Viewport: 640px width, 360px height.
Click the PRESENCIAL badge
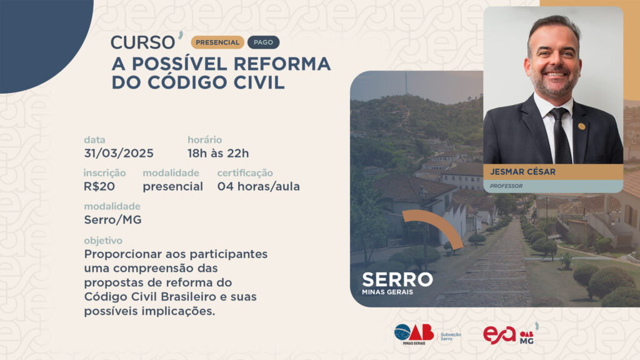217,42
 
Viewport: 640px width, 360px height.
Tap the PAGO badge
263,42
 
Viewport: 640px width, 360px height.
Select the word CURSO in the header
143,42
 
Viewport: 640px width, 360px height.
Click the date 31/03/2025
119,154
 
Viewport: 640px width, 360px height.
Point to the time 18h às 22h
218,154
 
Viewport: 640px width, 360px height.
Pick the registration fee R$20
99,186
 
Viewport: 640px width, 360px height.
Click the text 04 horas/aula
258,186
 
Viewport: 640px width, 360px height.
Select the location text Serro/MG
112,220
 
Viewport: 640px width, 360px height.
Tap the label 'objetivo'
103,241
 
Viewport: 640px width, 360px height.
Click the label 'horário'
204,140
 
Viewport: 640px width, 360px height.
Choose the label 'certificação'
245,173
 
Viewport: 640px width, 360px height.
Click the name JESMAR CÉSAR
523,172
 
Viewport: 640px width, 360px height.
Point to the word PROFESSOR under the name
506,186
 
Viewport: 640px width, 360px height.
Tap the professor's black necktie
561,137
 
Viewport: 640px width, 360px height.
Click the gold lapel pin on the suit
582,126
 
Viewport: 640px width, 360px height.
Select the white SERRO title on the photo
397,279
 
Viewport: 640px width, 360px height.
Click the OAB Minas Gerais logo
414,334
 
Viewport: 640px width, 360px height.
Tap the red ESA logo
499,335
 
